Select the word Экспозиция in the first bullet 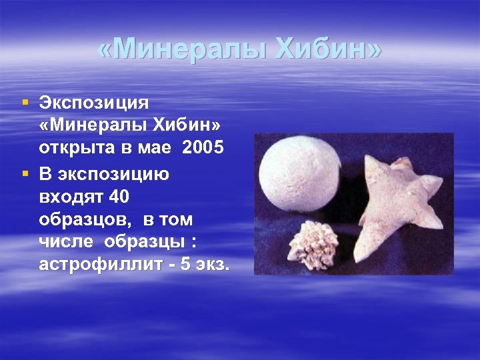point(94,104)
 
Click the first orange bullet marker point(25,103)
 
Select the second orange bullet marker point(25,173)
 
